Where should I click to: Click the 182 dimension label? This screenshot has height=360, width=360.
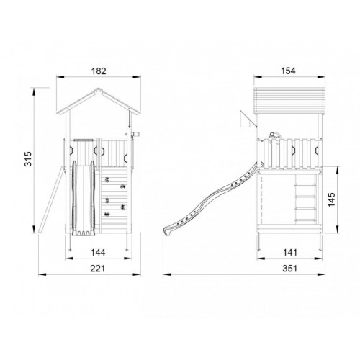click(x=99, y=71)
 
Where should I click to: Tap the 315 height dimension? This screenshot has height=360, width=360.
click(x=28, y=159)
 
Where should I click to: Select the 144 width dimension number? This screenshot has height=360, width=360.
click(x=98, y=253)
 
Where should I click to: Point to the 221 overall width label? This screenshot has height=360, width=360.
click(x=98, y=269)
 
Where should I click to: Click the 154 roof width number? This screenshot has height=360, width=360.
click(x=289, y=71)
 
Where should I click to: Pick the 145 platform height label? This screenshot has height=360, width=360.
click(x=331, y=199)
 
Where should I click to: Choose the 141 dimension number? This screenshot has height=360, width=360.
click(x=290, y=253)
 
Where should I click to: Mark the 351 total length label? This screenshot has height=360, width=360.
click(x=290, y=269)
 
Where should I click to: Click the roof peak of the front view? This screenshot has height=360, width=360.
click(x=98, y=90)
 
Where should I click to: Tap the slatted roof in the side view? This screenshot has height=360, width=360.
click(x=289, y=100)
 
